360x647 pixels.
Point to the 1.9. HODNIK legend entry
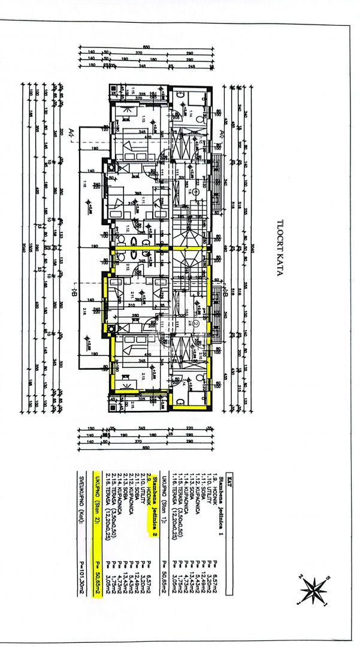[213, 479]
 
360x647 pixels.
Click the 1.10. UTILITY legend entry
[207, 479]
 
